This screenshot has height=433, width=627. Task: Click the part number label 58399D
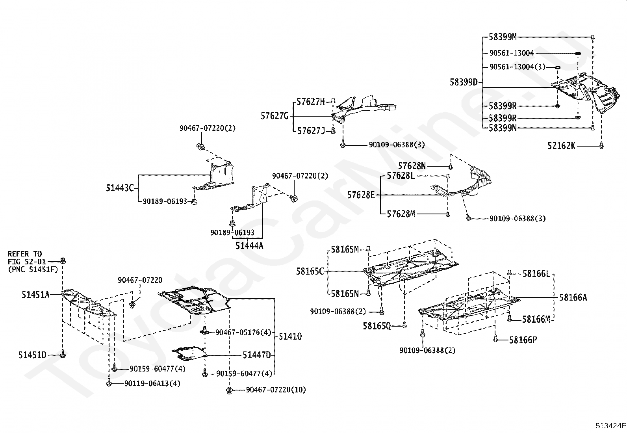(464, 82)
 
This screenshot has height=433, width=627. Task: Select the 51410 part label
(290, 336)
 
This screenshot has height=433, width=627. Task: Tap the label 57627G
(275, 116)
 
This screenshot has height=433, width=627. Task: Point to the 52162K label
(561, 146)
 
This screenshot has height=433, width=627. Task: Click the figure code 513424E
(611, 426)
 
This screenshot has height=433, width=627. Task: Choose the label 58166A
(573, 297)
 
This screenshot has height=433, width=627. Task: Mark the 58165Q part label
(377, 326)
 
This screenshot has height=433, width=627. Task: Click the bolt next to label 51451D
(63, 354)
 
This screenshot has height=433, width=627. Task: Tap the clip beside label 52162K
(601, 145)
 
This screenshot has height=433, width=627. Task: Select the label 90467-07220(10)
(276, 390)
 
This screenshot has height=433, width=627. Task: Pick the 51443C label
(120, 188)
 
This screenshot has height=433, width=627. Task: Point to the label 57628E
(361, 195)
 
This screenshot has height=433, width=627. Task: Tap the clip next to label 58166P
(495, 338)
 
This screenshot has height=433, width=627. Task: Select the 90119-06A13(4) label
(152, 383)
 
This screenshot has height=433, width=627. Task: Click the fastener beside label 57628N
(451, 166)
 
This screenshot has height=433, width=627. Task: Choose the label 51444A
(249, 245)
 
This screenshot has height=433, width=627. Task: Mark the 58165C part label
(310, 271)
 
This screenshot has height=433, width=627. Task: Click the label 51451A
(35, 295)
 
